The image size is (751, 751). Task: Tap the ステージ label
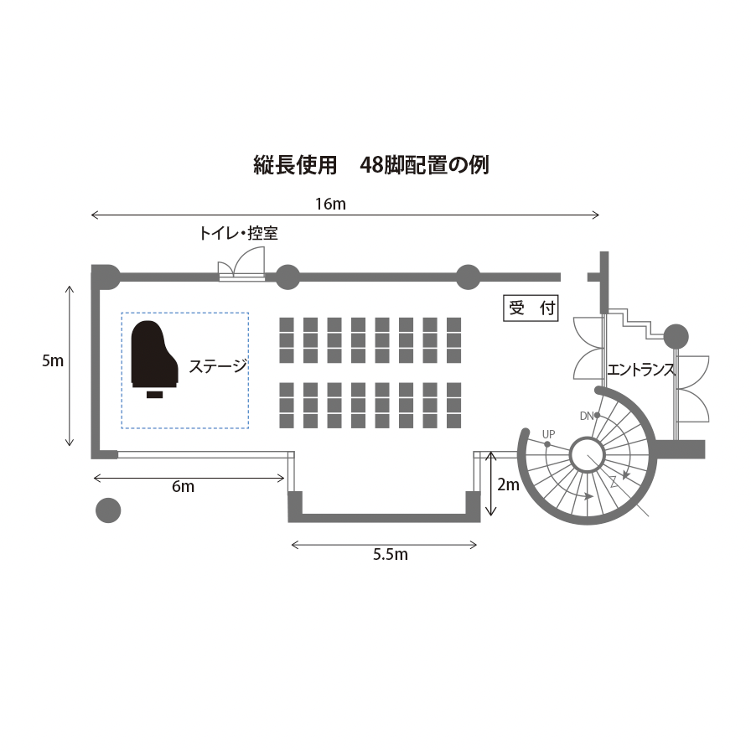pyautogui.click(x=218, y=366)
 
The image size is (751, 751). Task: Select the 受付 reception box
pyautogui.click(x=531, y=308)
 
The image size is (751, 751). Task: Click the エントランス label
pyautogui.click(x=641, y=369)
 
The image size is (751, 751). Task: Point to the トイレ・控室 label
pyautogui.click(x=237, y=234)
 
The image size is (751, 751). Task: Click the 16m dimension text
pyautogui.click(x=329, y=204)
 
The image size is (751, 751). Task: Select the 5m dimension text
pyautogui.click(x=53, y=361)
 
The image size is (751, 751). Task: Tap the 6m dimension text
pyautogui.click(x=183, y=486)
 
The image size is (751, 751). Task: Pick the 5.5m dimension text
pyautogui.click(x=390, y=554)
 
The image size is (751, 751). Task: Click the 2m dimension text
pyautogui.click(x=509, y=484)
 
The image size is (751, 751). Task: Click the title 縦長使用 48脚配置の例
pyautogui.click(x=370, y=164)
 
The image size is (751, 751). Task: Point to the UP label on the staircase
pyautogui.click(x=548, y=433)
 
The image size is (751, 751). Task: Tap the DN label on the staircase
pyautogui.click(x=587, y=416)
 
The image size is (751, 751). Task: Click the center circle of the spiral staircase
pyautogui.click(x=588, y=455)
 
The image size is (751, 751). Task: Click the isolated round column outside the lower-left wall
pyautogui.click(x=108, y=510)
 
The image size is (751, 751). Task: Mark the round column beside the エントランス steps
pyautogui.click(x=676, y=337)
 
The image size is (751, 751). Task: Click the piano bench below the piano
pyautogui.click(x=154, y=394)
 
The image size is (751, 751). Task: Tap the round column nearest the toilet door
pyautogui.click(x=287, y=277)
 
